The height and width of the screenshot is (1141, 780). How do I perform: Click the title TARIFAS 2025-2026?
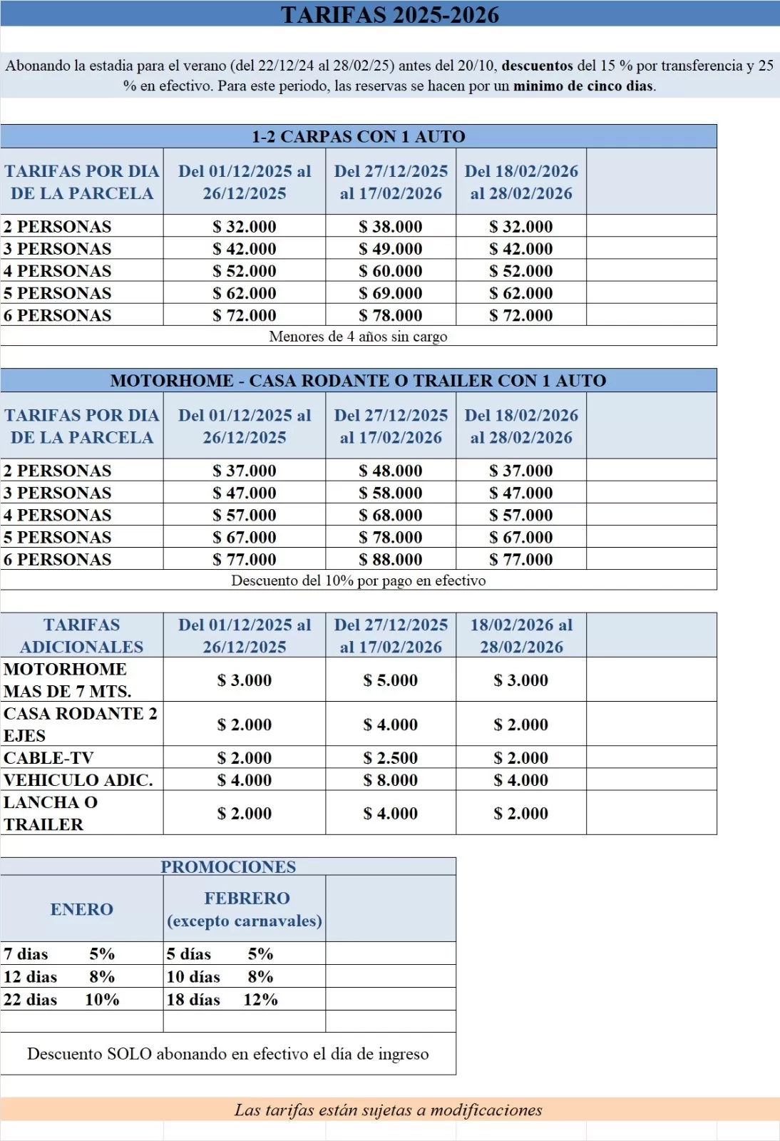(x=389, y=14)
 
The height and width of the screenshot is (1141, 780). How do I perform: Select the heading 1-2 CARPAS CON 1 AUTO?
(x=358, y=136)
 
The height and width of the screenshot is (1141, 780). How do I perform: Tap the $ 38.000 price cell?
(x=391, y=227)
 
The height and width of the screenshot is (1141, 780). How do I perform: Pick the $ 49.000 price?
(x=391, y=249)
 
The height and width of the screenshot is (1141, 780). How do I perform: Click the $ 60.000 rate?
(x=391, y=271)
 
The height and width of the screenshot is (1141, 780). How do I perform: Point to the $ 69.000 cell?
(x=391, y=293)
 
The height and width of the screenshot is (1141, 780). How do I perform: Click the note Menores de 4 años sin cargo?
(x=358, y=337)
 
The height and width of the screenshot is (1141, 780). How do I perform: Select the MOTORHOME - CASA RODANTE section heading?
(x=358, y=381)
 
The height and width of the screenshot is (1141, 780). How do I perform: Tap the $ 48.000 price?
(x=391, y=471)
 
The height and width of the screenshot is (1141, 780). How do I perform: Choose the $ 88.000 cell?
(x=391, y=560)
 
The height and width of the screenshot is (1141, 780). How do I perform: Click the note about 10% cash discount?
(x=358, y=580)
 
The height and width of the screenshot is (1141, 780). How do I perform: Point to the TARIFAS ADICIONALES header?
(x=81, y=635)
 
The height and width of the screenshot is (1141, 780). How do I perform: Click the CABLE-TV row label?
(x=48, y=757)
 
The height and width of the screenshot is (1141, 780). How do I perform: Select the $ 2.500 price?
(x=391, y=757)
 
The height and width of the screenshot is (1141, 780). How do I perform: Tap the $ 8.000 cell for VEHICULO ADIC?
(x=391, y=780)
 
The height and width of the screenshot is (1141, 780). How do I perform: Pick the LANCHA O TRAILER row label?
(x=50, y=813)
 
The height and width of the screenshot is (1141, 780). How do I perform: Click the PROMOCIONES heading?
(x=228, y=866)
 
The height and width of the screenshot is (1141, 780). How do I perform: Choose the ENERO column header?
(x=81, y=909)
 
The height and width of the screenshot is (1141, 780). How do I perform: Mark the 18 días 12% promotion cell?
(x=222, y=1000)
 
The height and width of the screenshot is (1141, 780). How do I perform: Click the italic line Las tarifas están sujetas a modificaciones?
(x=389, y=1110)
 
